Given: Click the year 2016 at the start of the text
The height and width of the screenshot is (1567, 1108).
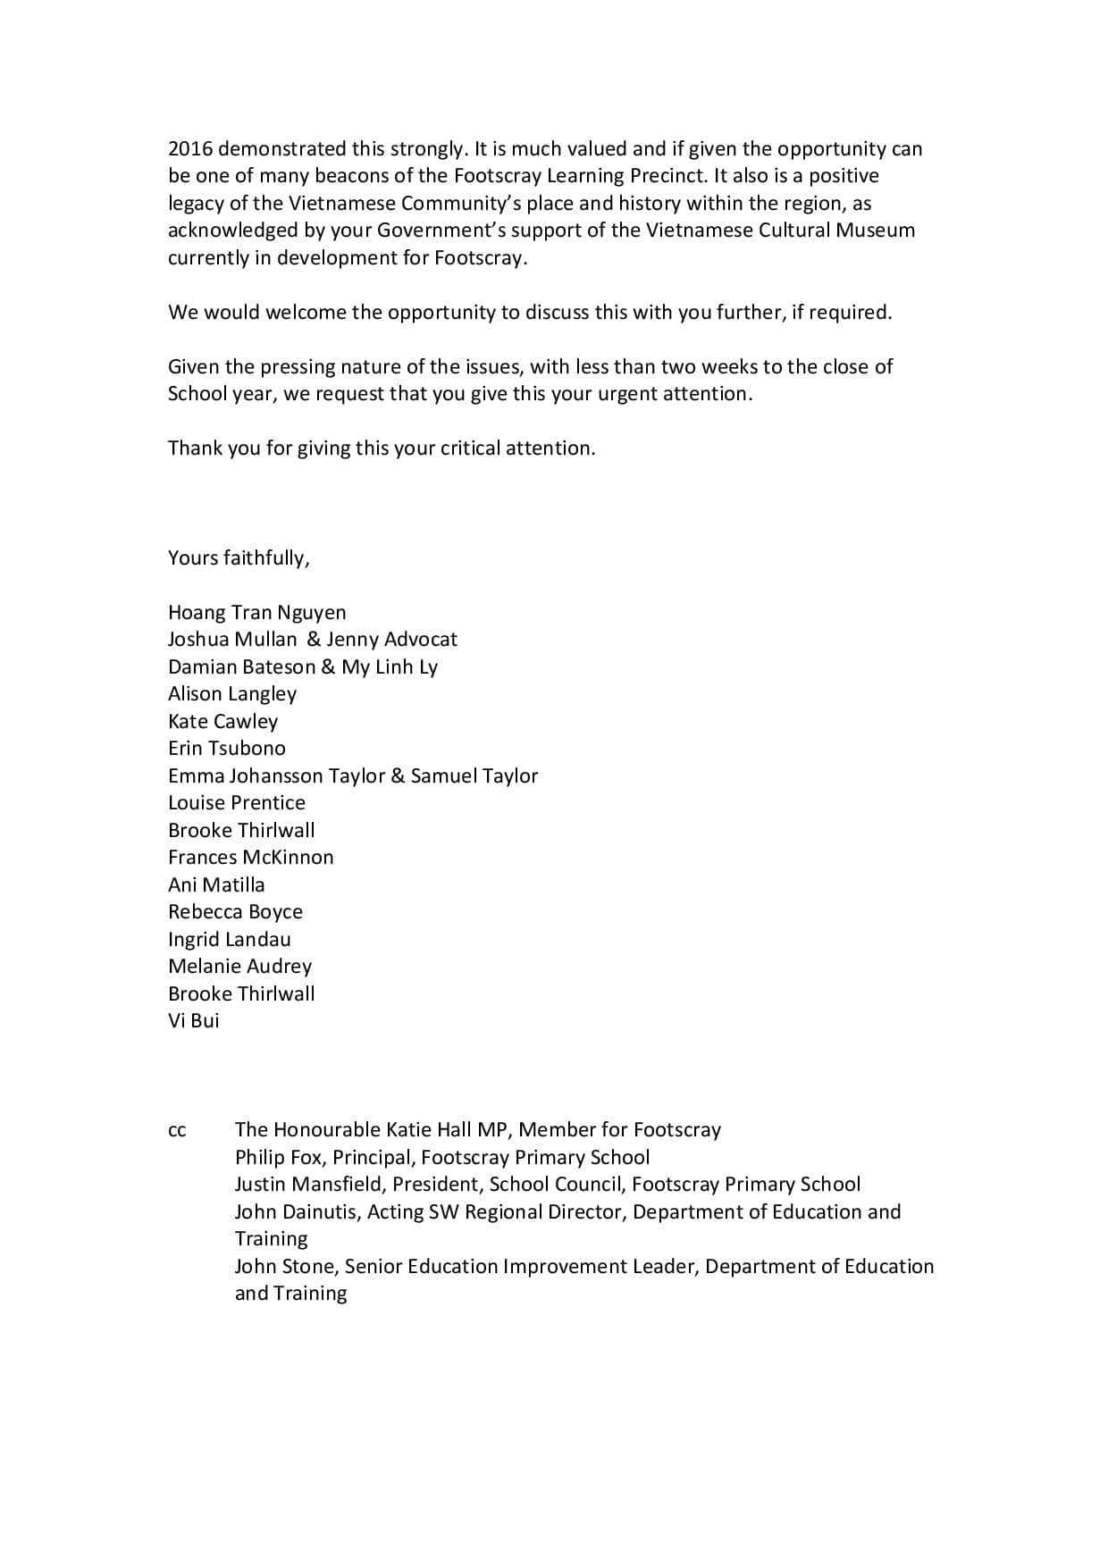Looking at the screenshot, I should [190, 149].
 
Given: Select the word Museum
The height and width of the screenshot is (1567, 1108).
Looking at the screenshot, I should [876, 230].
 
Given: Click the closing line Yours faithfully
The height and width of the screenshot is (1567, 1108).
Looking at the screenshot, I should [239, 558].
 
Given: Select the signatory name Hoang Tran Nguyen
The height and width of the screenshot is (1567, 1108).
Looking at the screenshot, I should [256, 613].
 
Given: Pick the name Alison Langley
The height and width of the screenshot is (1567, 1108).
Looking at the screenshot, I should [232, 694].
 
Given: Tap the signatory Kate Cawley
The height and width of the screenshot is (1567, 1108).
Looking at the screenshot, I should [222, 722].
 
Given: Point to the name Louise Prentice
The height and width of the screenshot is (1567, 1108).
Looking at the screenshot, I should [237, 803].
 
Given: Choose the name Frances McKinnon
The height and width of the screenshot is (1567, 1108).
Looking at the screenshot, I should [250, 858].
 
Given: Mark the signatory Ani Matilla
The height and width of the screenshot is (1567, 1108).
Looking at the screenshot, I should [216, 885].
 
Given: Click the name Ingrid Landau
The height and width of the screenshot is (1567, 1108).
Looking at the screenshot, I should [229, 940].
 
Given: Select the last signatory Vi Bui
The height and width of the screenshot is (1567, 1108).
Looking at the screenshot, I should [193, 1021].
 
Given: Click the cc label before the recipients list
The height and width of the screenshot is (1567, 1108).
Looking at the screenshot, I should [177, 1131].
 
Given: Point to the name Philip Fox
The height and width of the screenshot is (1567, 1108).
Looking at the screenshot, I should [281, 1158].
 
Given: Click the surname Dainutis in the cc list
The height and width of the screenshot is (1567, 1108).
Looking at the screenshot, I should [317, 1212].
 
